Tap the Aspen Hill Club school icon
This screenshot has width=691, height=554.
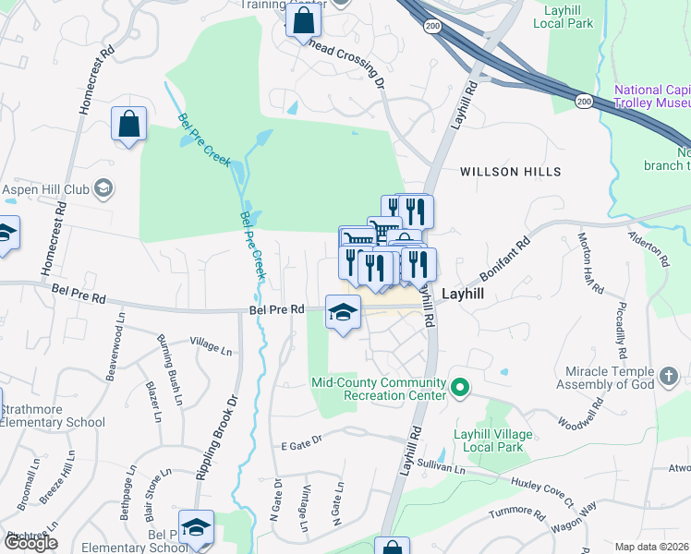tap(103, 189)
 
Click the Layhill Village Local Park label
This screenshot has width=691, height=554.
tap(492, 440)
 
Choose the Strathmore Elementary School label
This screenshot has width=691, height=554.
tap(53, 415)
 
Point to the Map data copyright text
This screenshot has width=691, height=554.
tap(652, 547)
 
